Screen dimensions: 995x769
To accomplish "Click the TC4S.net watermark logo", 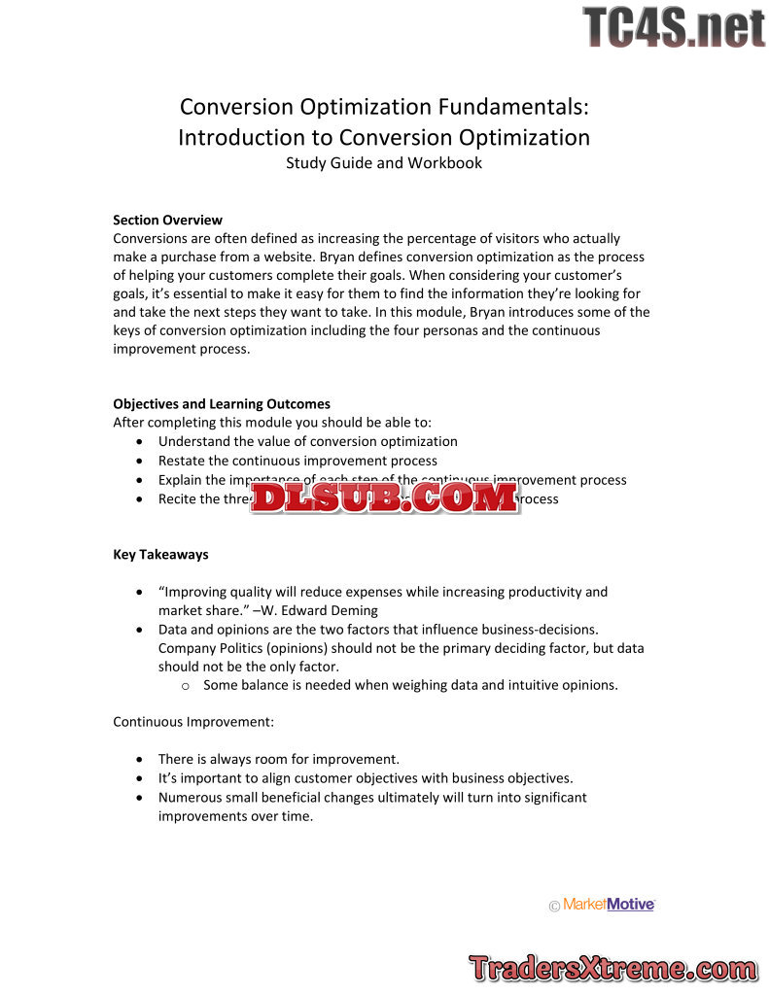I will click(x=674, y=27).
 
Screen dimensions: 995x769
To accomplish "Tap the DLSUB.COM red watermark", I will click(x=384, y=498).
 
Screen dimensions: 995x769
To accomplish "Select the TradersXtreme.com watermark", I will click(x=612, y=968).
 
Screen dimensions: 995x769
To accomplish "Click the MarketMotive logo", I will click(x=609, y=905).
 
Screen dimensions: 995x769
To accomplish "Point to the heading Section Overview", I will click(x=167, y=220).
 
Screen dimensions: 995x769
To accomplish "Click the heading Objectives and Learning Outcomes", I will click(x=222, y=403).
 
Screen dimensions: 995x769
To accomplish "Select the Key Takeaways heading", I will click(x=160, y=555).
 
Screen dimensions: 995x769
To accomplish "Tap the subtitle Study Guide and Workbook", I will click(x=384, y=162).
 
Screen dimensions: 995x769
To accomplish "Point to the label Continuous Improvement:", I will click(x=193, y=722).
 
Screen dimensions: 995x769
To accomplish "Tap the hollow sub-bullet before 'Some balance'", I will click(x=186, y=685).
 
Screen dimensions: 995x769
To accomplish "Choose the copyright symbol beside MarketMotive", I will click(x=554, y=906).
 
